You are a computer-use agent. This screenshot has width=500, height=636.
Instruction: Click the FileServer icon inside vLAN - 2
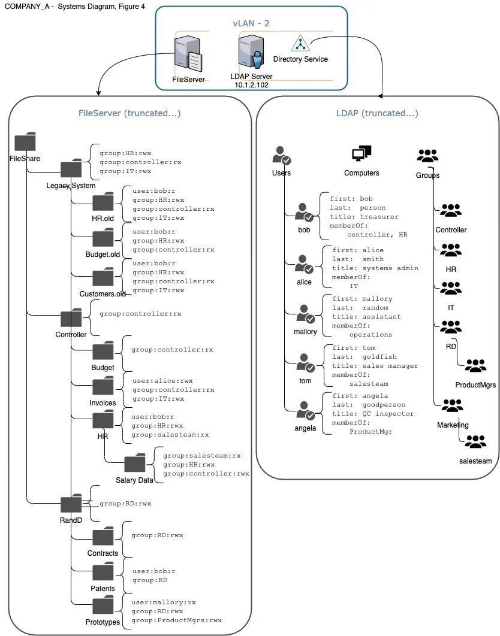(x=188, y=54)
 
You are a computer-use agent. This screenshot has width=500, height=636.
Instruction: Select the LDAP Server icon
(x=251, y=51)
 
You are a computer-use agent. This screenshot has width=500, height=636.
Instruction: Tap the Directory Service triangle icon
(x=300, y=43)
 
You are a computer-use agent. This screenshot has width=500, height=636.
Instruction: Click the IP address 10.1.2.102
(x=251, y=85)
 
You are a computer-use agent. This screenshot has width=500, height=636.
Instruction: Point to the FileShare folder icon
(x=25, y=141)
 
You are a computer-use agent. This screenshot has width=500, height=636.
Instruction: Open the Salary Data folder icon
(x=134, y=462)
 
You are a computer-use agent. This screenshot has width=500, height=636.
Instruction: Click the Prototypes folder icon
(x=103, y=605)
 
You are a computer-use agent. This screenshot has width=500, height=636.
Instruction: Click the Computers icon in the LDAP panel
(x=362, y=154)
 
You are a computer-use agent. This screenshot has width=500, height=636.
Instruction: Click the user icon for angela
(x=305, y=411)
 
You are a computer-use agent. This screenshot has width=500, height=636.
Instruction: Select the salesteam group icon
(x=475, y=441)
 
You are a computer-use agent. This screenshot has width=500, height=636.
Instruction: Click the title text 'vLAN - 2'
(x=251, y=23)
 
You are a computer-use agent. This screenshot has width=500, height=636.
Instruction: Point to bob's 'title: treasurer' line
(x=364, y=217)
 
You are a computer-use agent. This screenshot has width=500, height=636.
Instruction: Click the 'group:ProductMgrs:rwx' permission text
(x=176, y=620)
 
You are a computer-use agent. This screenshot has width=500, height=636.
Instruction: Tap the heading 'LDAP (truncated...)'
(x=377, y=113)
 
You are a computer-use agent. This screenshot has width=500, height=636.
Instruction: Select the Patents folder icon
(x=103, y=571)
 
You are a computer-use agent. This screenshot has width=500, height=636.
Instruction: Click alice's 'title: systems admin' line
(x=375, y=268)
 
